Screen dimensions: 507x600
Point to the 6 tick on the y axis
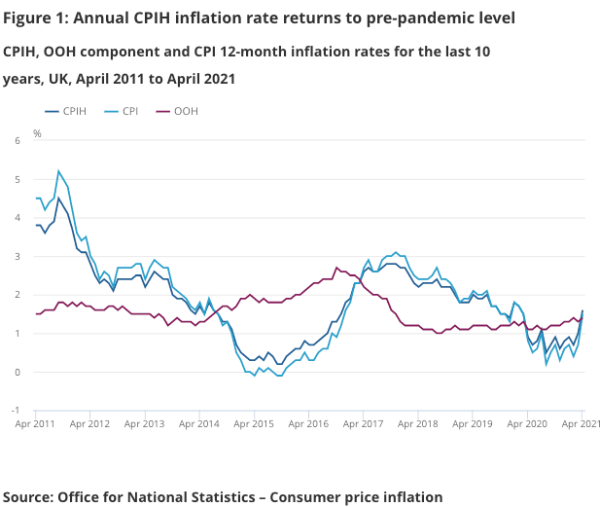(x=17, y=141)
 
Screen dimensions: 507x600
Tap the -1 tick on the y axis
(x=15, y=411)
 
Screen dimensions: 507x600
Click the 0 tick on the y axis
(x=17, y=372)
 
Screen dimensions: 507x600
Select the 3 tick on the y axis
(x=17, y=256)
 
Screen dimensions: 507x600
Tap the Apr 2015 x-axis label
(x=255, y=424)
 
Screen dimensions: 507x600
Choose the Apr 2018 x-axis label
(x=418, y=424)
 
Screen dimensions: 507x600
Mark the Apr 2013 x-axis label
(x=146, y=424)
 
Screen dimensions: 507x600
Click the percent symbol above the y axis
(x=37, y=132)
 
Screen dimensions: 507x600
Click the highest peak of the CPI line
(x=58, y=171)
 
